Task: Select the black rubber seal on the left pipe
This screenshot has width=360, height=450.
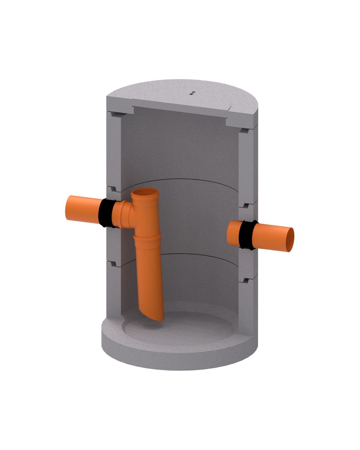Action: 106,213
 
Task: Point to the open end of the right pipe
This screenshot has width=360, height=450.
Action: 290,240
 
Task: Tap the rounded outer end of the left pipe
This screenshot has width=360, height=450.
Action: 68,207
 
